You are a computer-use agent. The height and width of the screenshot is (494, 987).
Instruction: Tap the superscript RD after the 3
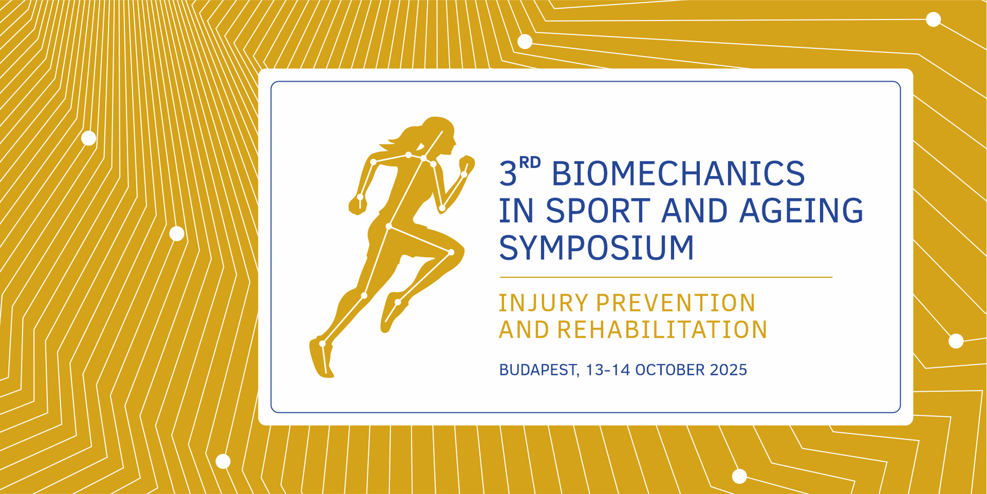point(529,162)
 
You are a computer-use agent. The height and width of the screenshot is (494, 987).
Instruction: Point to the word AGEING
point(801,211)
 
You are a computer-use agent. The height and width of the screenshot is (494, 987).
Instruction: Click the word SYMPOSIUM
point(596,248)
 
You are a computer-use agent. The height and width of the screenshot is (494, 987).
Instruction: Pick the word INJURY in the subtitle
point(543,303)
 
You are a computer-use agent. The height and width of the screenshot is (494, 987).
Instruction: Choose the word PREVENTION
point(675,303)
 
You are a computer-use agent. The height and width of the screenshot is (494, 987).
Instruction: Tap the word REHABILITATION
point(662,330)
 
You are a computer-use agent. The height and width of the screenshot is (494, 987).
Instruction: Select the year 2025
point(728,370)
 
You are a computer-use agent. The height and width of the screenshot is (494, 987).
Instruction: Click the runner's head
point(440,135)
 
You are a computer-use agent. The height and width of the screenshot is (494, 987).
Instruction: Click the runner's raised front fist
point(466,163)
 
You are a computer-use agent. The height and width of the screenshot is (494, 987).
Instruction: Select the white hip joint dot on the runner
point(389,226)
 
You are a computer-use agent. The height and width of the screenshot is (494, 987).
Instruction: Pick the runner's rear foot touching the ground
point(321,358)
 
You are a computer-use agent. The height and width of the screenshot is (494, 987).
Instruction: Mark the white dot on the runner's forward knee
point(451,252)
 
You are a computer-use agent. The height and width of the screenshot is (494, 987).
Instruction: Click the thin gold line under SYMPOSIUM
point(666,277)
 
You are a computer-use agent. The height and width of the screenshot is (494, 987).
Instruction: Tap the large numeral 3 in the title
point(508,174)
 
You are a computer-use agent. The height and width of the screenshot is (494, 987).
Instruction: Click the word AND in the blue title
point(694,211)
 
